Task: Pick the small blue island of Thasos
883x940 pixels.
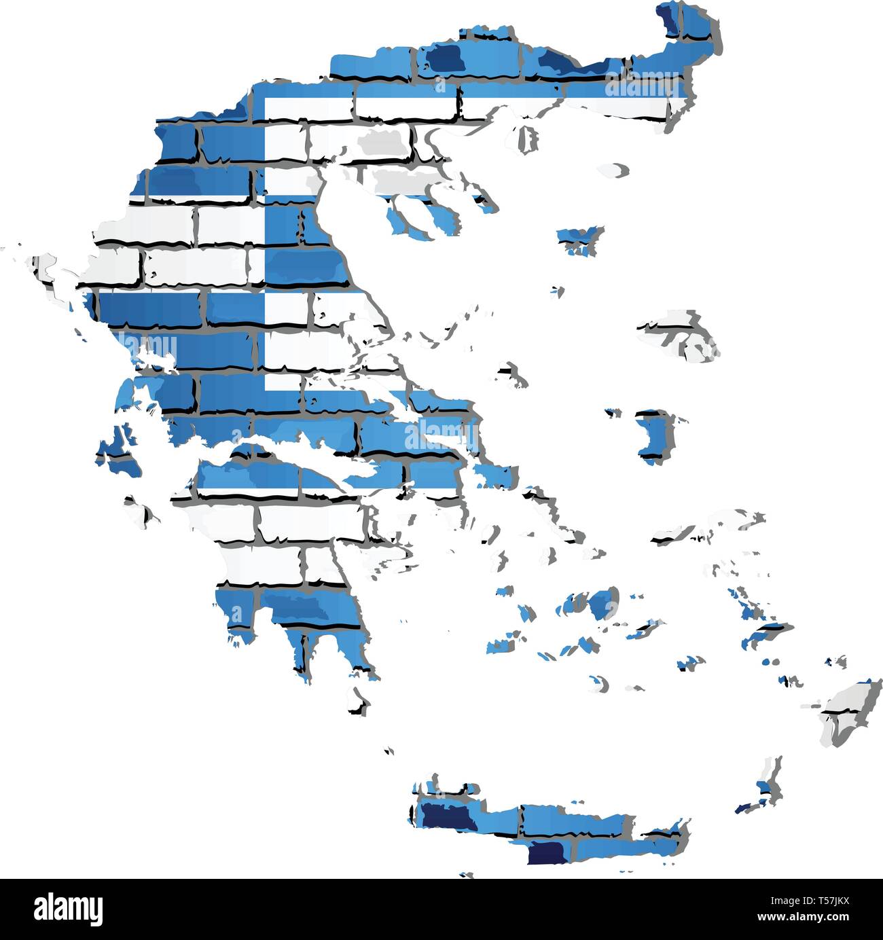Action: click(x=579, y=238)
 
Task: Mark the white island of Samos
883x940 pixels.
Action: click(x=693, y=530)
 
